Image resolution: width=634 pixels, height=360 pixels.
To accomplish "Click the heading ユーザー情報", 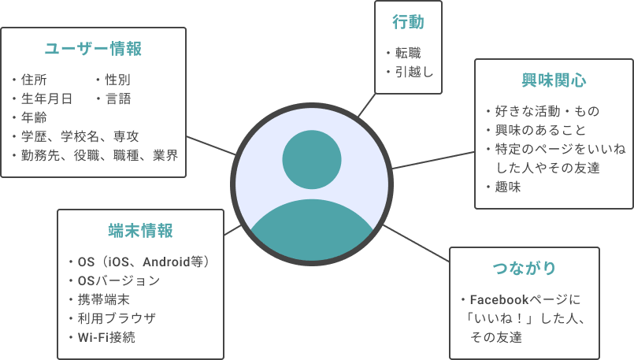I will (93, 49).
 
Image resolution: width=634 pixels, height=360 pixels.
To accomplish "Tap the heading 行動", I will (408, 22).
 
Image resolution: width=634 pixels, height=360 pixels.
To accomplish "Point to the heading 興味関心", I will (554, 80).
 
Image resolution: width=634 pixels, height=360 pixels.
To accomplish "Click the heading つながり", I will (524, 268).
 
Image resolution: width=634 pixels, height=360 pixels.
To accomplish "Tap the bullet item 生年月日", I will (46, 98).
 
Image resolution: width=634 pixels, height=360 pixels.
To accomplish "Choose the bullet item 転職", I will (408, 54).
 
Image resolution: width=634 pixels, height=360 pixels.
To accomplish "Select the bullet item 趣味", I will (508, 187).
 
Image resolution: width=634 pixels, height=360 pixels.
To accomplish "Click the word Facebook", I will (503, 300).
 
